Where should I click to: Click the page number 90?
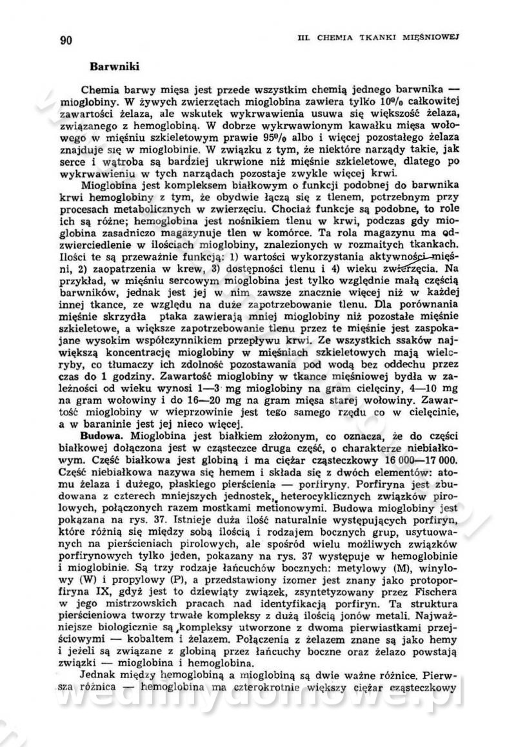point(66,40)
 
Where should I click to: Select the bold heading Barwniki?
point(111,66)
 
